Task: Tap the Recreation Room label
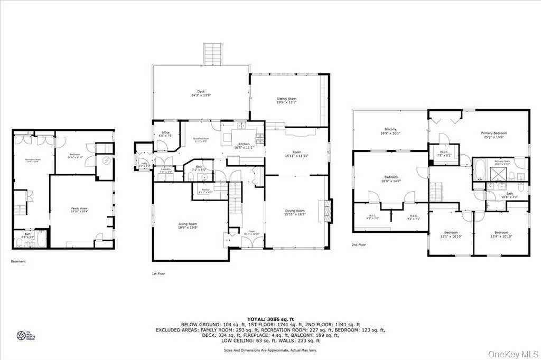pyautogui.click(x=33, y=159)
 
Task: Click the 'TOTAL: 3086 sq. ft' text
pyautogui.click(x=270, y=319)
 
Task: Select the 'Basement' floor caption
pyautogui.click(x=18, y=261)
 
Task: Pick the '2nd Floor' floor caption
pyautogui.click(x=358, y=245)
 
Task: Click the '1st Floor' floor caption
pyautogui.click(x=158, y=274)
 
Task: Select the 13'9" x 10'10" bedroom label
pyautogui.click(x=501, y=234)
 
